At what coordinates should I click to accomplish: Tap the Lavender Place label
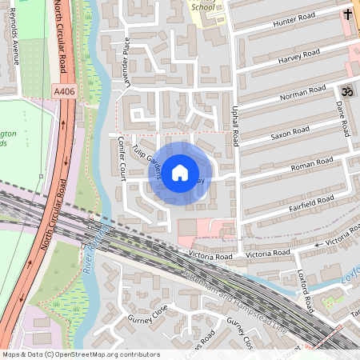pos(126,73)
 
